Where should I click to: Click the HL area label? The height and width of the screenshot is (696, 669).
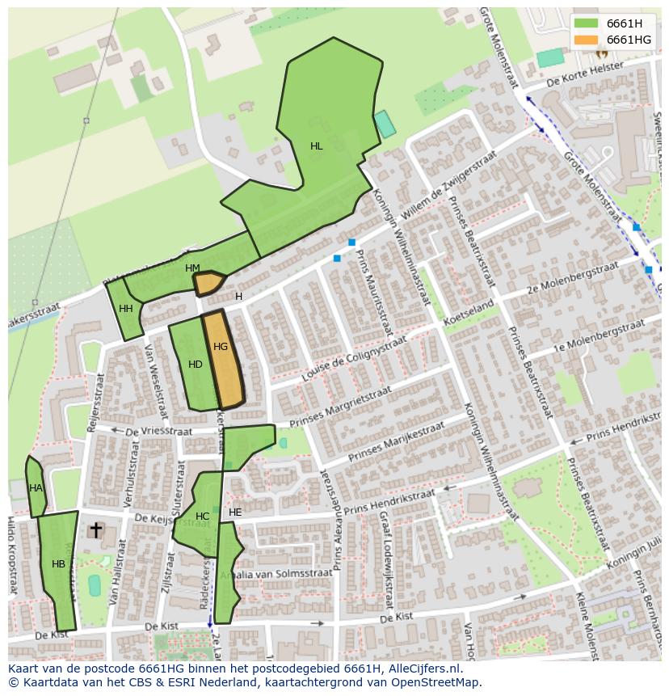click(316, 146)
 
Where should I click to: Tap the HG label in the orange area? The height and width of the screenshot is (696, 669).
click(221, 347)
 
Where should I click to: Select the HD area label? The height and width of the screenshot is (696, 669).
click(196, 365)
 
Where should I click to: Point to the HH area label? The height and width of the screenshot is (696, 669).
click(126, 309)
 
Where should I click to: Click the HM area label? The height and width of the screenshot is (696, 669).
click(192, 268)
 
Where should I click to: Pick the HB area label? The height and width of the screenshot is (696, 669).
click(58, 564)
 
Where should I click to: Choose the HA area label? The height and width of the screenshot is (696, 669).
click(36, 488)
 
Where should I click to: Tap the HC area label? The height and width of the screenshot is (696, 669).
click(202, 517)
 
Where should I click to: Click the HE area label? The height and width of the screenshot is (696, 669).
click(235, 513)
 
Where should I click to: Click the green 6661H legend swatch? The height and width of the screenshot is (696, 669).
click(586, 23)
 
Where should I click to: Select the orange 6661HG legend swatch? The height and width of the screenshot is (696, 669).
click(586, 40)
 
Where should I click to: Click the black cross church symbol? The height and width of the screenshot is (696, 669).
click(95, 529)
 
